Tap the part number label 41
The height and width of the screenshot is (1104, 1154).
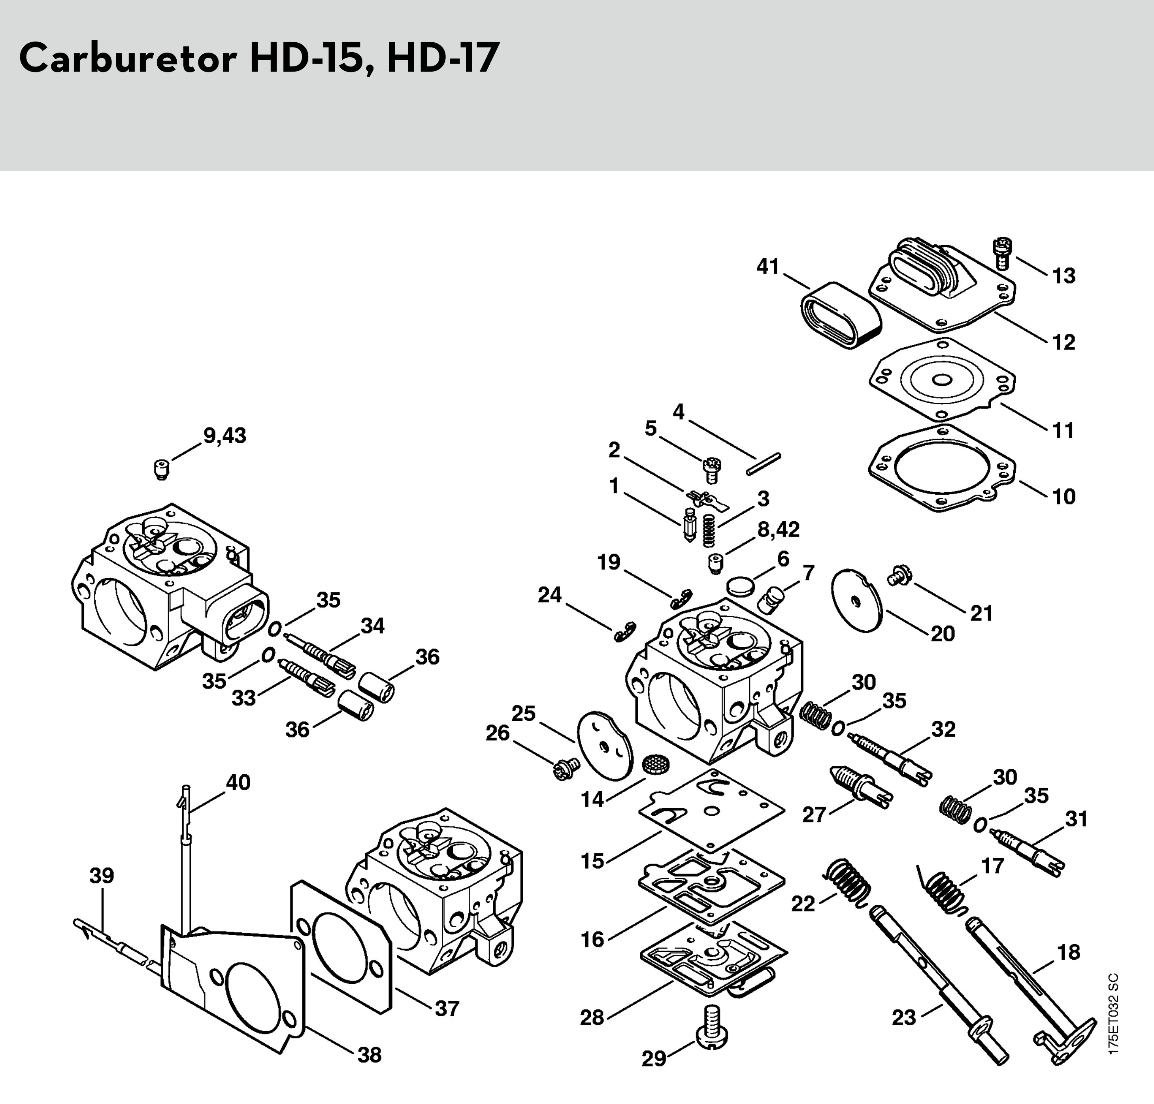[x=767, y=267]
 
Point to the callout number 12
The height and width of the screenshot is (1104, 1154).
[x=1063, y=342]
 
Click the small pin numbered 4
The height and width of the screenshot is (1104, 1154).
[x=764, y=463]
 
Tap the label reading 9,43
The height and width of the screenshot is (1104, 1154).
[x=225, y=435]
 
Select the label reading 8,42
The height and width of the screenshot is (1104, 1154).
[x=778, y=529]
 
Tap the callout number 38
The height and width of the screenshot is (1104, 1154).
[x=370, y=1055]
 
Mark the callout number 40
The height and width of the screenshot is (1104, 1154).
[x=238, y=782]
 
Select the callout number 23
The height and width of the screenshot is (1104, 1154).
[x=903, y=1017]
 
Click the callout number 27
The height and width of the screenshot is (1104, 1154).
[x=814, y=815]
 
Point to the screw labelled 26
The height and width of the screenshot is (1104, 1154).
[x=565, y=768]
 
